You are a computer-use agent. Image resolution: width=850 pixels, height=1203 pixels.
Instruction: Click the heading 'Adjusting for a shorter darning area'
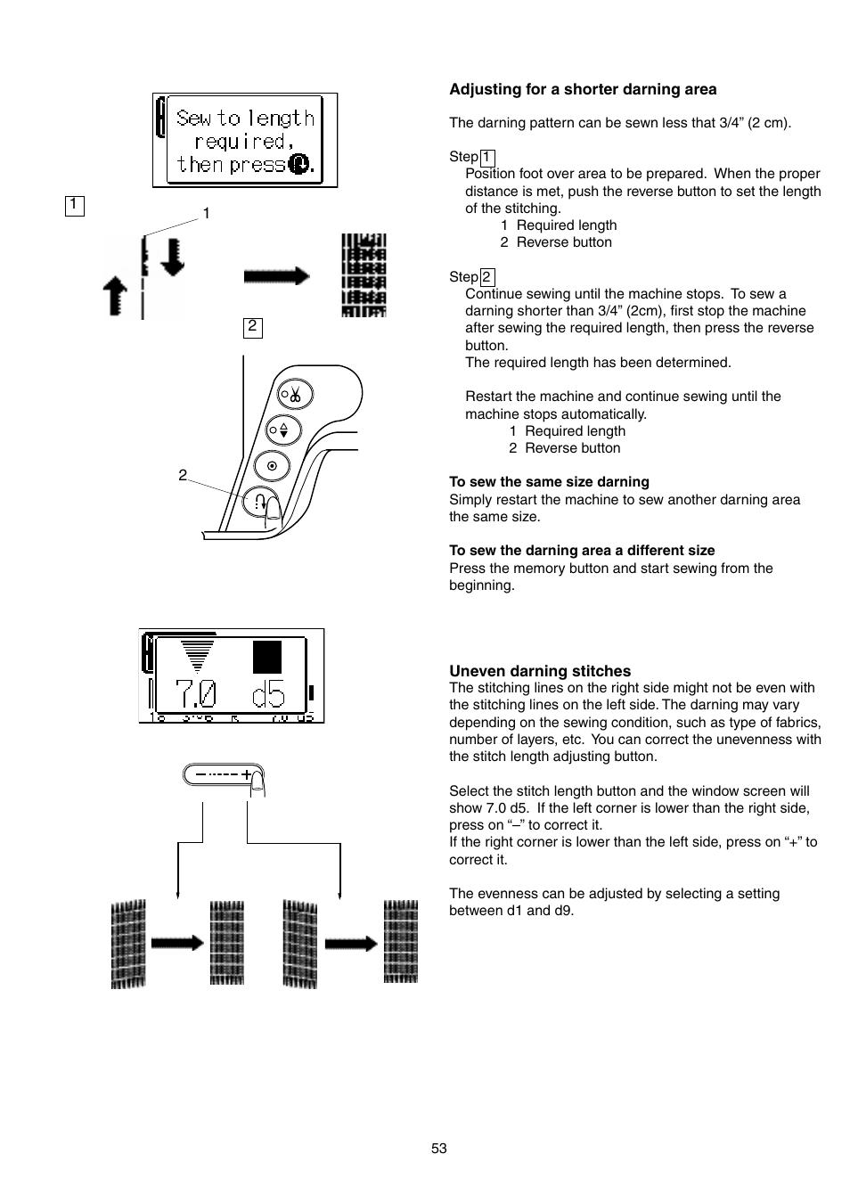tap(583, 89)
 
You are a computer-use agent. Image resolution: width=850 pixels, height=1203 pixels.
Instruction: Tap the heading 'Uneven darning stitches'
tap(540, 671)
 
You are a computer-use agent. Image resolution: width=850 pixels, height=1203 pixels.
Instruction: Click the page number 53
tap(438, 1149)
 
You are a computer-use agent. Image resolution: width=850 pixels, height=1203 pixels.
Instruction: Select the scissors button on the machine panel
tap(291, 394)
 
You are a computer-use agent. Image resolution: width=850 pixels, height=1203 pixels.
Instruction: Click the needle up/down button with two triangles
tap(283, 430)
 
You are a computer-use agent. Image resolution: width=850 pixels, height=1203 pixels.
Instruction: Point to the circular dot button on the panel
tap(272, 465)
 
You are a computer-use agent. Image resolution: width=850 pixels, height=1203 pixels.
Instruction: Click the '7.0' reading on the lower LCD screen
tap(195, 692)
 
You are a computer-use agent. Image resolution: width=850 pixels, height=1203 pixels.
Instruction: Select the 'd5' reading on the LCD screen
tap(267, 692)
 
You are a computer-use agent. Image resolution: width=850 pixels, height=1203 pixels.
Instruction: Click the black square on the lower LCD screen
tap(267, 657)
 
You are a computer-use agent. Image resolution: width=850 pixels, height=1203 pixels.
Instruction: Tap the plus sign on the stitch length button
tap(246, 774)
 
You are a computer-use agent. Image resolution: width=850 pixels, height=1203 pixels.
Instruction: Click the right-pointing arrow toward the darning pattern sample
tap(276, 276)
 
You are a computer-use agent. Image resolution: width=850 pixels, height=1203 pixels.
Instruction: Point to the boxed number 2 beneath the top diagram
tap(252, 327)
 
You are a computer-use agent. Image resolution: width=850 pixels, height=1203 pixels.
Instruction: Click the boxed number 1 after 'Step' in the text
tap(486, 158)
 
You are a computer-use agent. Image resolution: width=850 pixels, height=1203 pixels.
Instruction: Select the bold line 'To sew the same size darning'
tap(549, 482)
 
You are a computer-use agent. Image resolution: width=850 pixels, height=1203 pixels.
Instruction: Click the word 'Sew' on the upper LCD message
tap(193, 119)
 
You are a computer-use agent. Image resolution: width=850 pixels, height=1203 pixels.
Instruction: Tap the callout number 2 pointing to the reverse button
tap(183, 475)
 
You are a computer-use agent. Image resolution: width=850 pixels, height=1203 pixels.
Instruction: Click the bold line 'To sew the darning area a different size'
tap(582, 551)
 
